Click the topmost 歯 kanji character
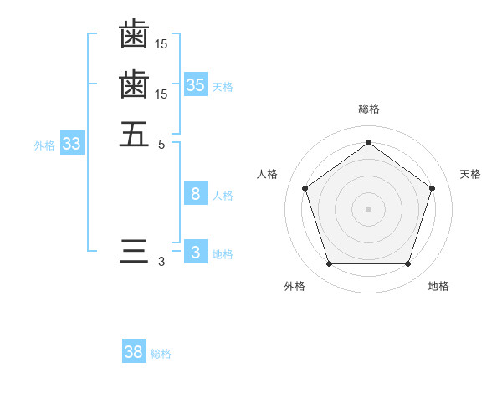click(x=134, y=36)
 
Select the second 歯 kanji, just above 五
click(x=134, y=85)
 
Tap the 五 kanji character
click(x=134, y=134)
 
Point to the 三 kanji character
click(x=134, y=252)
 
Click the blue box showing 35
click(x=196, y=85)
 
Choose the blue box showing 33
click(x=72, y=145)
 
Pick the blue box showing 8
click(x=196, y=194)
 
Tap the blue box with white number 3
click(x=196, y=253)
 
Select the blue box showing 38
click(x=134, y=352)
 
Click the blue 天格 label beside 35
click(x=223, y=87)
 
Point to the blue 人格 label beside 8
click(x=223, y=196)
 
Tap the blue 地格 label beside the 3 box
click(x=223, y=254)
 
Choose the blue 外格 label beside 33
click(x=44, y=145)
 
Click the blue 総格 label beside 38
click(x=161, y=354)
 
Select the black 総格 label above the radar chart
click(x=368, y=109)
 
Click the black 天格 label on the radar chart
click(x=470, y=174)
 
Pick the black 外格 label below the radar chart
click(x=295, y=286)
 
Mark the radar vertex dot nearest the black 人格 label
click(x=305, y=188)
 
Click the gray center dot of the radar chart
click(x=368, y=208)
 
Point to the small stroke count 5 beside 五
click(x=161, y=143)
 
